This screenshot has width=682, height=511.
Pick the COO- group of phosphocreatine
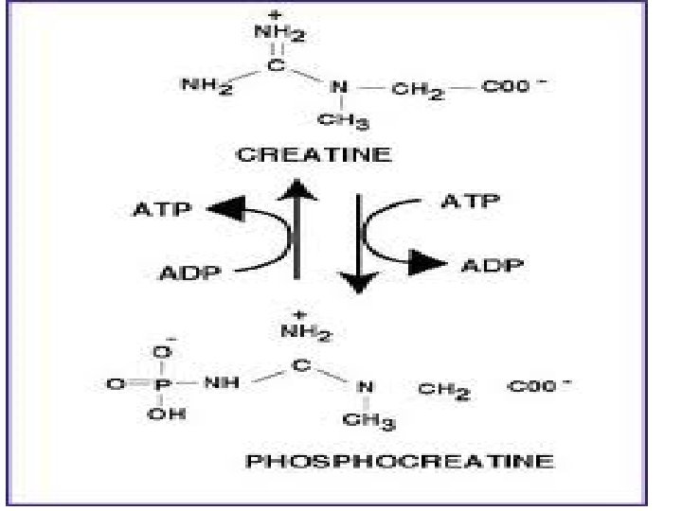[x=543, y=386]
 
